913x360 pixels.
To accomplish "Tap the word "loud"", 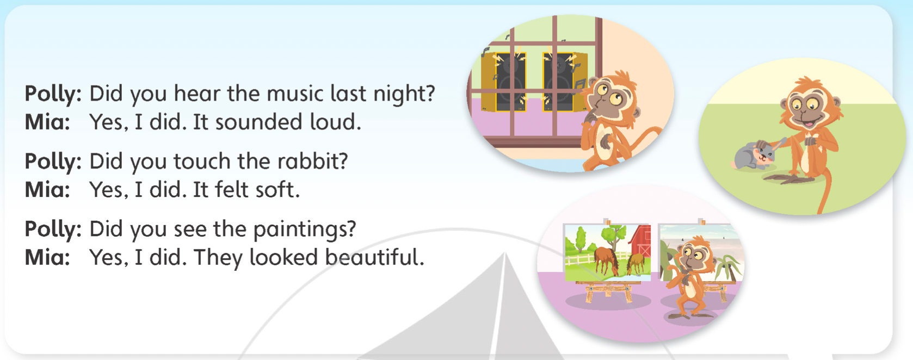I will click(x=335, y=122).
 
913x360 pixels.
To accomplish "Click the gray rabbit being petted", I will click(x=752, y=156).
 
